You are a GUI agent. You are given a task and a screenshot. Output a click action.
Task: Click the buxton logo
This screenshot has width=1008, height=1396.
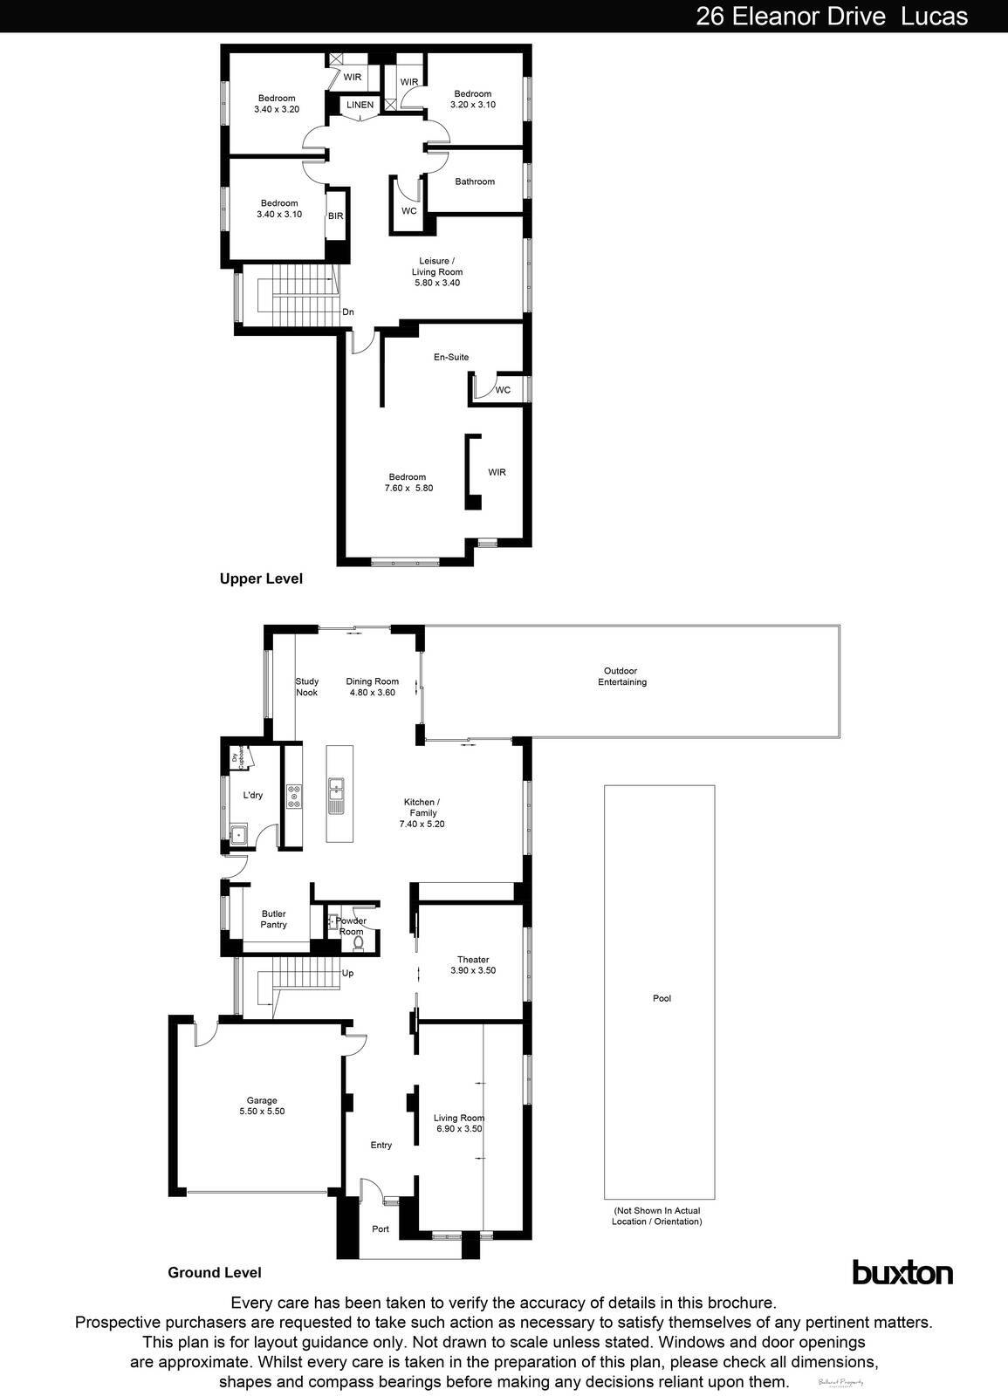[902, 1272]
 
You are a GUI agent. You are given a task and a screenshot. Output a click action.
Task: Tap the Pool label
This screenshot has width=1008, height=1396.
[662, 998]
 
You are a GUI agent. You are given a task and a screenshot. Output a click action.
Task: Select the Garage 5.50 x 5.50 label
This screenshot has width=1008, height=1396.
[262, 1106]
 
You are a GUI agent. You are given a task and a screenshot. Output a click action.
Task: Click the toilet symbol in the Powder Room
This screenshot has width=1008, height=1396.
[359, 943]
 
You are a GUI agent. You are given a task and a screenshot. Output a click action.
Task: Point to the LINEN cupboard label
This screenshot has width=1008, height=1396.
[360, 105]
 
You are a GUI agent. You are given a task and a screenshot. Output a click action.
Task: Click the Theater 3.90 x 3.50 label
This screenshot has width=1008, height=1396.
[473, 965]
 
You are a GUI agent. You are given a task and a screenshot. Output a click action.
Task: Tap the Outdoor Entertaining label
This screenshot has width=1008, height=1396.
[622, 676]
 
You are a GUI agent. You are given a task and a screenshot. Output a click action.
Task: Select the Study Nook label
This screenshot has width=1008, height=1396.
[306, 687]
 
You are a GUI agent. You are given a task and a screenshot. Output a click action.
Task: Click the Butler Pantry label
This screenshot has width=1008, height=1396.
[273, 920]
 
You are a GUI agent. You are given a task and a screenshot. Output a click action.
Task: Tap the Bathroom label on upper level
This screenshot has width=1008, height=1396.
[475, 181]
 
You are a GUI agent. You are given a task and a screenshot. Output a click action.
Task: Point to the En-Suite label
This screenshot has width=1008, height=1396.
[451, 357]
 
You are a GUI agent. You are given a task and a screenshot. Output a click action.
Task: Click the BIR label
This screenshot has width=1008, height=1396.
[335, 216]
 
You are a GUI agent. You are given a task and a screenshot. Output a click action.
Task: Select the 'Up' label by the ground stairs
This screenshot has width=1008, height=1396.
[347, 973]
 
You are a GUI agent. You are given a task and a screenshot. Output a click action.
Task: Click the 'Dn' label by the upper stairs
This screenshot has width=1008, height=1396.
[347, 311]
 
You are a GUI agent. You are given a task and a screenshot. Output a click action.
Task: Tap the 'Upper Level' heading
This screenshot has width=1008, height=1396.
[261, 578]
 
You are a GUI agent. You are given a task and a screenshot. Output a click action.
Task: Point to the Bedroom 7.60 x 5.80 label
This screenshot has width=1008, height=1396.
[409, 482]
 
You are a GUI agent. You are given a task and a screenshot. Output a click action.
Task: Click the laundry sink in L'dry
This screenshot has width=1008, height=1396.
[237, 834]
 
